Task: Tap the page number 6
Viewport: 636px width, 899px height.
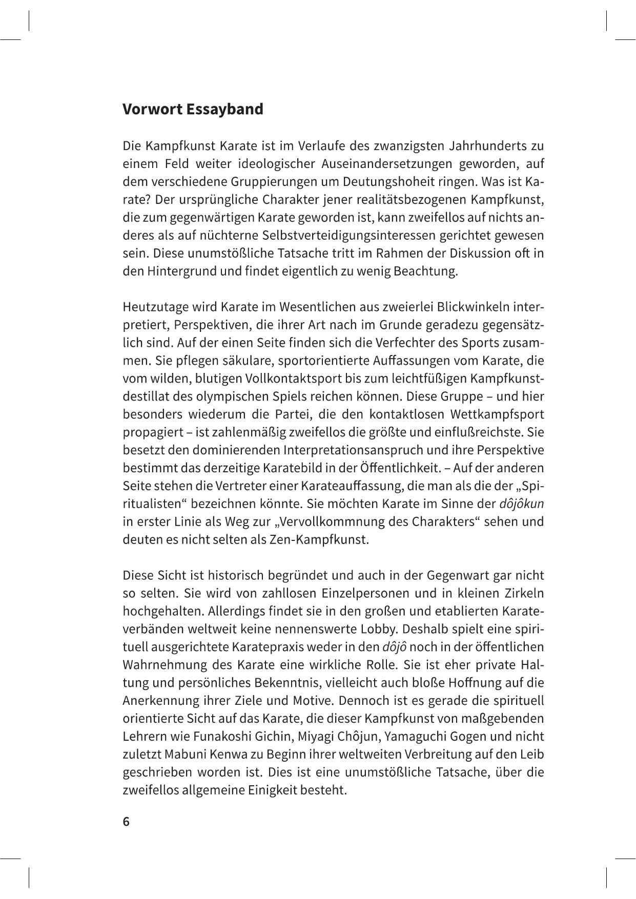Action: [x=126, y=822]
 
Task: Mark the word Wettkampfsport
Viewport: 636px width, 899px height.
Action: [x=496, y=414]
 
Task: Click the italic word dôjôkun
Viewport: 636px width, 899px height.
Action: [x=521, y=504]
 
